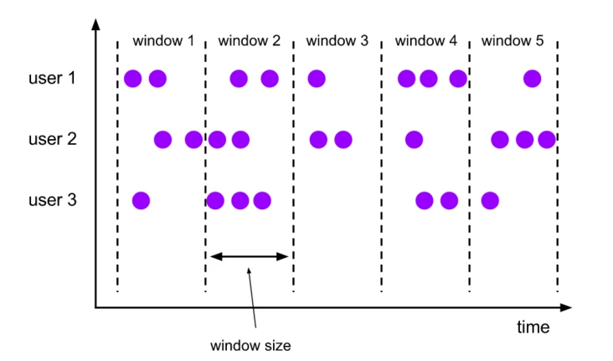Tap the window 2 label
pos(249,40)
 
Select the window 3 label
pos(337,40)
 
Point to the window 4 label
pos(425,40)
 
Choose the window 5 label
pos(513,40)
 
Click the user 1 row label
pos(53,79)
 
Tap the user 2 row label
pos(53,139)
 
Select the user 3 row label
pos(53,200)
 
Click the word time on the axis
pos(533,327)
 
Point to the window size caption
pos(250,345)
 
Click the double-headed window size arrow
pos(249,256)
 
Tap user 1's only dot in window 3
pos(316,79)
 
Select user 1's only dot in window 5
pos(532,79)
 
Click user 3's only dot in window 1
pos(141,200)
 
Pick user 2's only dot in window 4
pos(414,139)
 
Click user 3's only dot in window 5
pos(490,200)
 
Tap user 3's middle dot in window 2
pos(240,200)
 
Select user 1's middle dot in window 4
pos(429,79)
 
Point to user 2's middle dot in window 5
pos(525,139)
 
